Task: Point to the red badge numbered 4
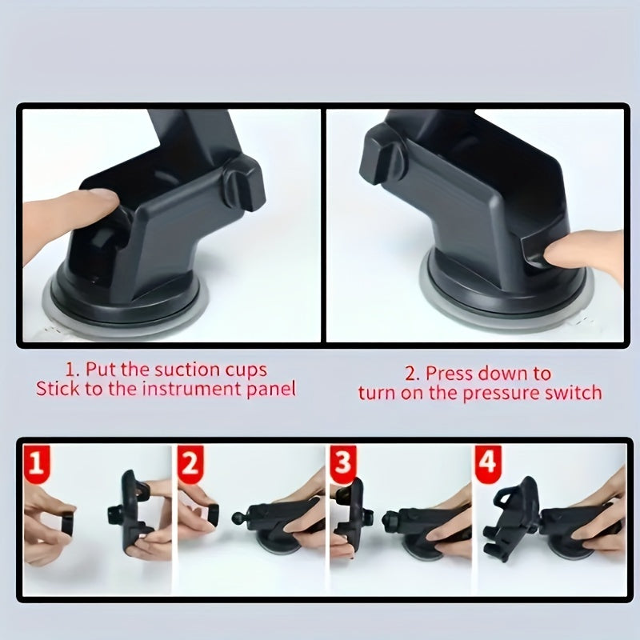(x=487, y=463)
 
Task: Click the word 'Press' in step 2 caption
(x=449, y=373)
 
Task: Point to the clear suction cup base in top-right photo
(x=504, y=308)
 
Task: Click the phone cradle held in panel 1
(x=132, y=512)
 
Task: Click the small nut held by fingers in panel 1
(x=66, y=524)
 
